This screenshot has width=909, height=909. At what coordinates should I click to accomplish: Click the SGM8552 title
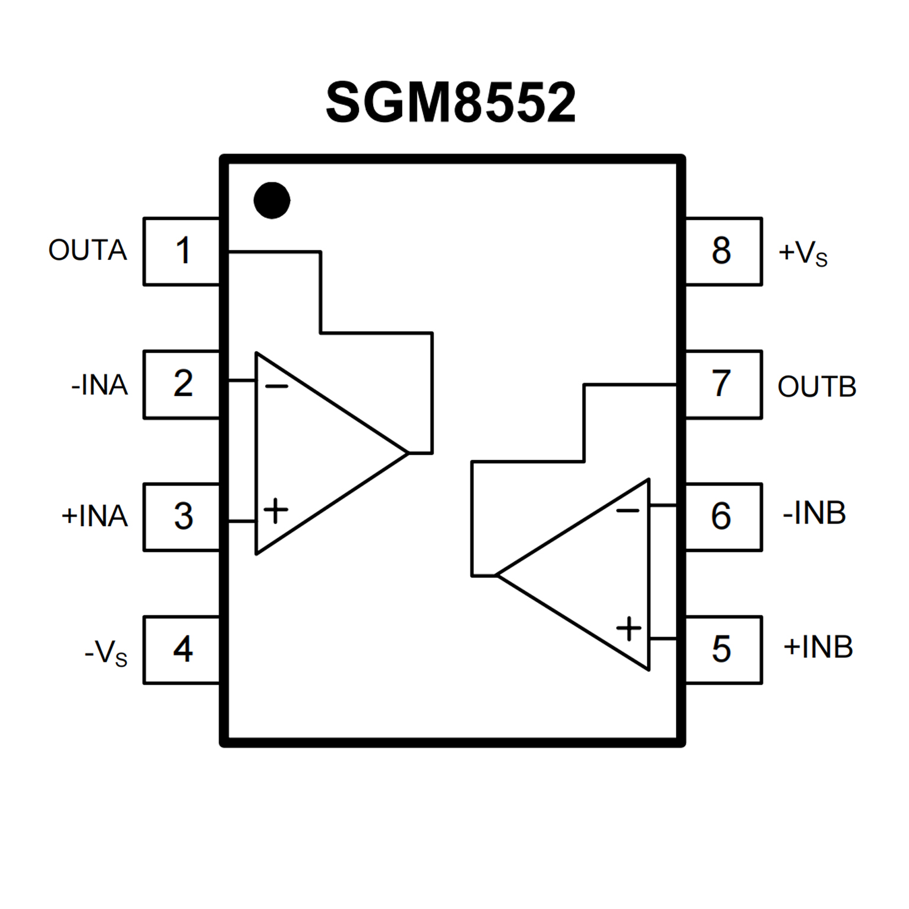pyautogui.click(x=451, y=102)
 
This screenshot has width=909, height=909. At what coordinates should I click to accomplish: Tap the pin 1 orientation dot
pyautogui.click(x=272, y=200)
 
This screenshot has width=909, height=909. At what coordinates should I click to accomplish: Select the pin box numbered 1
pyautogui.click(x=182, y=251)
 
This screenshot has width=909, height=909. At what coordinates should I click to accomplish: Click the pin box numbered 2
pyautogui.click(x=182, y=384)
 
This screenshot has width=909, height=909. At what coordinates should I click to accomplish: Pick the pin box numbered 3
pyautogui.click(x=182, y=517)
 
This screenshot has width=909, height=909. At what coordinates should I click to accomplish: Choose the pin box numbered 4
pyautogui.click(x=182, y=650)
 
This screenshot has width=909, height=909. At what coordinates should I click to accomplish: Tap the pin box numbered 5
pyautogui.click(x=722, y=650)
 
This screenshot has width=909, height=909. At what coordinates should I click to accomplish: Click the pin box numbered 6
pyautogui.click(x=722, y=517)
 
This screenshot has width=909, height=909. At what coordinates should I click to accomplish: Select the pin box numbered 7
pyautogui.click(x=722, y=384)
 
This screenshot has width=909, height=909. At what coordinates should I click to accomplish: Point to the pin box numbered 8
pyautogui.click(x=722, y=251)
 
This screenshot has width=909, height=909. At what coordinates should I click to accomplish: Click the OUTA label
pyautogui.click(x=88, y=250)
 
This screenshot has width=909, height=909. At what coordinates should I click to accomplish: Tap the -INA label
pyautogui.click(x=99, y=385)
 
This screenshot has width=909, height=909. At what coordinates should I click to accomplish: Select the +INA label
pyautogui.click(x=95, y=516)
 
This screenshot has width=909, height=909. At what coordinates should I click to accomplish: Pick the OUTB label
pyautogui.click(x=817, y=387)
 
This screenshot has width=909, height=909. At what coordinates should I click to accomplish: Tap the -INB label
pyautogui.click(x=814, y=513)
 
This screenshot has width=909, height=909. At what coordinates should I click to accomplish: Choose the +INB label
pyautogui.click(x=818, y=647)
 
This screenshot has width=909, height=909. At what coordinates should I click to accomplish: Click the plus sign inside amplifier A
pyautogui.click(x=275, y=510)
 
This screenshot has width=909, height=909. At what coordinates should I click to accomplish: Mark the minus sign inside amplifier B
pyautogui.click(x=628, y=510)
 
